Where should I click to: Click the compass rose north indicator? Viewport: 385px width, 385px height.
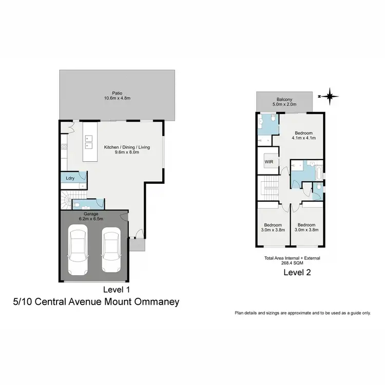[330, 96]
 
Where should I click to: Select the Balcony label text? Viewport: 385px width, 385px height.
[284, 100]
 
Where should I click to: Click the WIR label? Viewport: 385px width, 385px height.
[268, 162]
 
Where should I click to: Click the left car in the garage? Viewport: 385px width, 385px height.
[78, 251]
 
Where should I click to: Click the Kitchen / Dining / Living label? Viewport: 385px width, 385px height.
[127, 147]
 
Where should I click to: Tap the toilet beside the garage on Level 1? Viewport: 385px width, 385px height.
[76, 205]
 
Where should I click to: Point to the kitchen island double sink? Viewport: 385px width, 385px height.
[88, 141]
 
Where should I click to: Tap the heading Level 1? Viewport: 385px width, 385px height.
[118, 288]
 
